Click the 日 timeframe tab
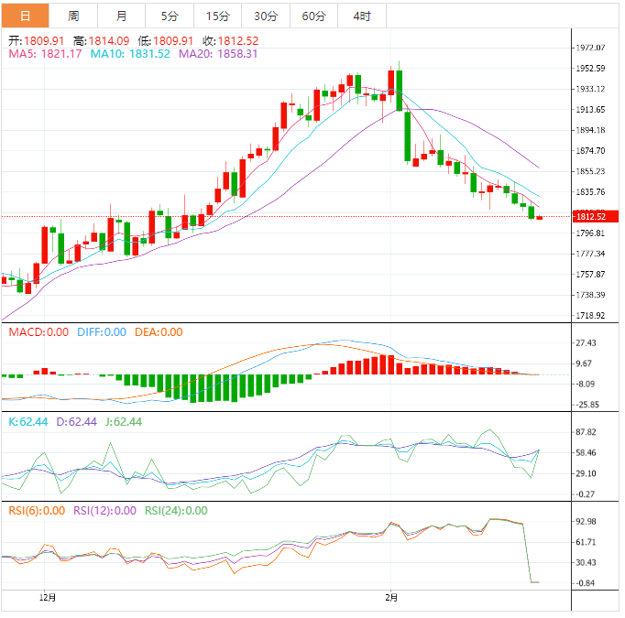25,16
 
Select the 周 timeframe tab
73,16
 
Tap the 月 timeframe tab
121,16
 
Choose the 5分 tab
170,16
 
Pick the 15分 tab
218,16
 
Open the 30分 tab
266,16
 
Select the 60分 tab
313,16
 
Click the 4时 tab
361,16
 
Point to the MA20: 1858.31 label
218,54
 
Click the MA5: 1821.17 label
46,54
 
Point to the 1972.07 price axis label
591,48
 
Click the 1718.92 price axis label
591,315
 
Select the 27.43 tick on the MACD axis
585,342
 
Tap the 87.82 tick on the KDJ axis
585,432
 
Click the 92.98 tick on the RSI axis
585,521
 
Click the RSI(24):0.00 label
176,511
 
